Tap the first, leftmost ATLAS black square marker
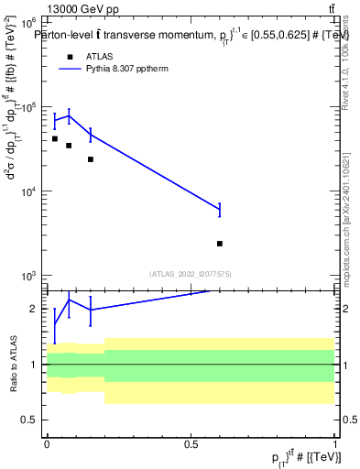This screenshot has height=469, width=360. [x=55, y=139]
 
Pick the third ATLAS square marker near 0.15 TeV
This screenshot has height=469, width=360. [x=91, y=159]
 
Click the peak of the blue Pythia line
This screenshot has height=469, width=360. [x=69, y=115]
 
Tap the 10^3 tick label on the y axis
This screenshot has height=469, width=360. [x=29, y=277]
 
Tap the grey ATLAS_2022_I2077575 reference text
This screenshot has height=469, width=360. [x=190, y=273]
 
